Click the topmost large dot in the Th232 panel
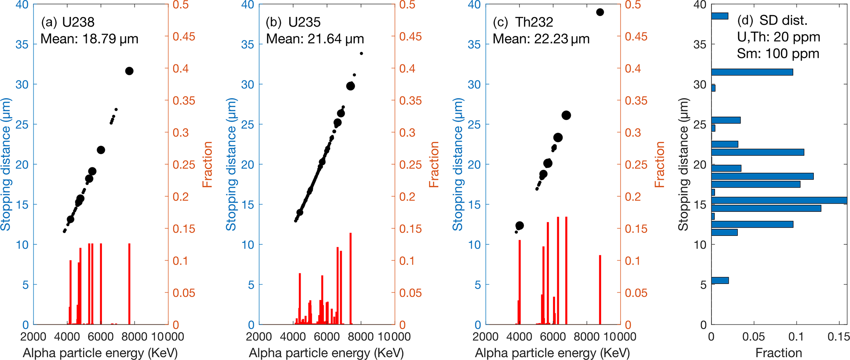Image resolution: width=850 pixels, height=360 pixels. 600,12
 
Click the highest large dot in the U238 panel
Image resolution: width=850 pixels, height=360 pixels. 129,71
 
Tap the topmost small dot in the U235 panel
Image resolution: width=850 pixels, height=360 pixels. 361,53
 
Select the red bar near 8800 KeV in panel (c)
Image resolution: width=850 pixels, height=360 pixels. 600,290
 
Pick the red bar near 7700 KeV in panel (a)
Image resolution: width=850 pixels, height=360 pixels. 129,284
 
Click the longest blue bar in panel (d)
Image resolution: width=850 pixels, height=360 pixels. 779,200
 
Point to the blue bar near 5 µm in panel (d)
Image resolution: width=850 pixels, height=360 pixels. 720,281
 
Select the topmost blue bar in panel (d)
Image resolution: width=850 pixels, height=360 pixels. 720,16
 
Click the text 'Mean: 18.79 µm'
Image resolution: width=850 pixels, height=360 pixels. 89,39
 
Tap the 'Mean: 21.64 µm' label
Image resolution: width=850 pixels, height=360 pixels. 315,39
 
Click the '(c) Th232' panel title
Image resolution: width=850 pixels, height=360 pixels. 523,22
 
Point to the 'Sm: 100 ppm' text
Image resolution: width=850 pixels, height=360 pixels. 778,54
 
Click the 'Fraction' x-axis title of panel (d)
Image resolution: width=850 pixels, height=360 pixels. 778,353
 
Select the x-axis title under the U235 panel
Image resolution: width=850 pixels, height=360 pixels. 326,353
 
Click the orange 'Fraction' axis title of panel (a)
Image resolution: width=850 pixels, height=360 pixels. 208,165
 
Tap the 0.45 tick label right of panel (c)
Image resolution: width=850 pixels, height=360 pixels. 636,37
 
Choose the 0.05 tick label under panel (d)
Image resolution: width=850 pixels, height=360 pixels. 753,337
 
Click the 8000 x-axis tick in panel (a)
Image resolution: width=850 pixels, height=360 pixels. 134,337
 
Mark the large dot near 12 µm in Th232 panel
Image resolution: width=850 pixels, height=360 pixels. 519,225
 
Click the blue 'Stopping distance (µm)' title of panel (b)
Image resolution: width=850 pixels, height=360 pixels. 231,165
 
